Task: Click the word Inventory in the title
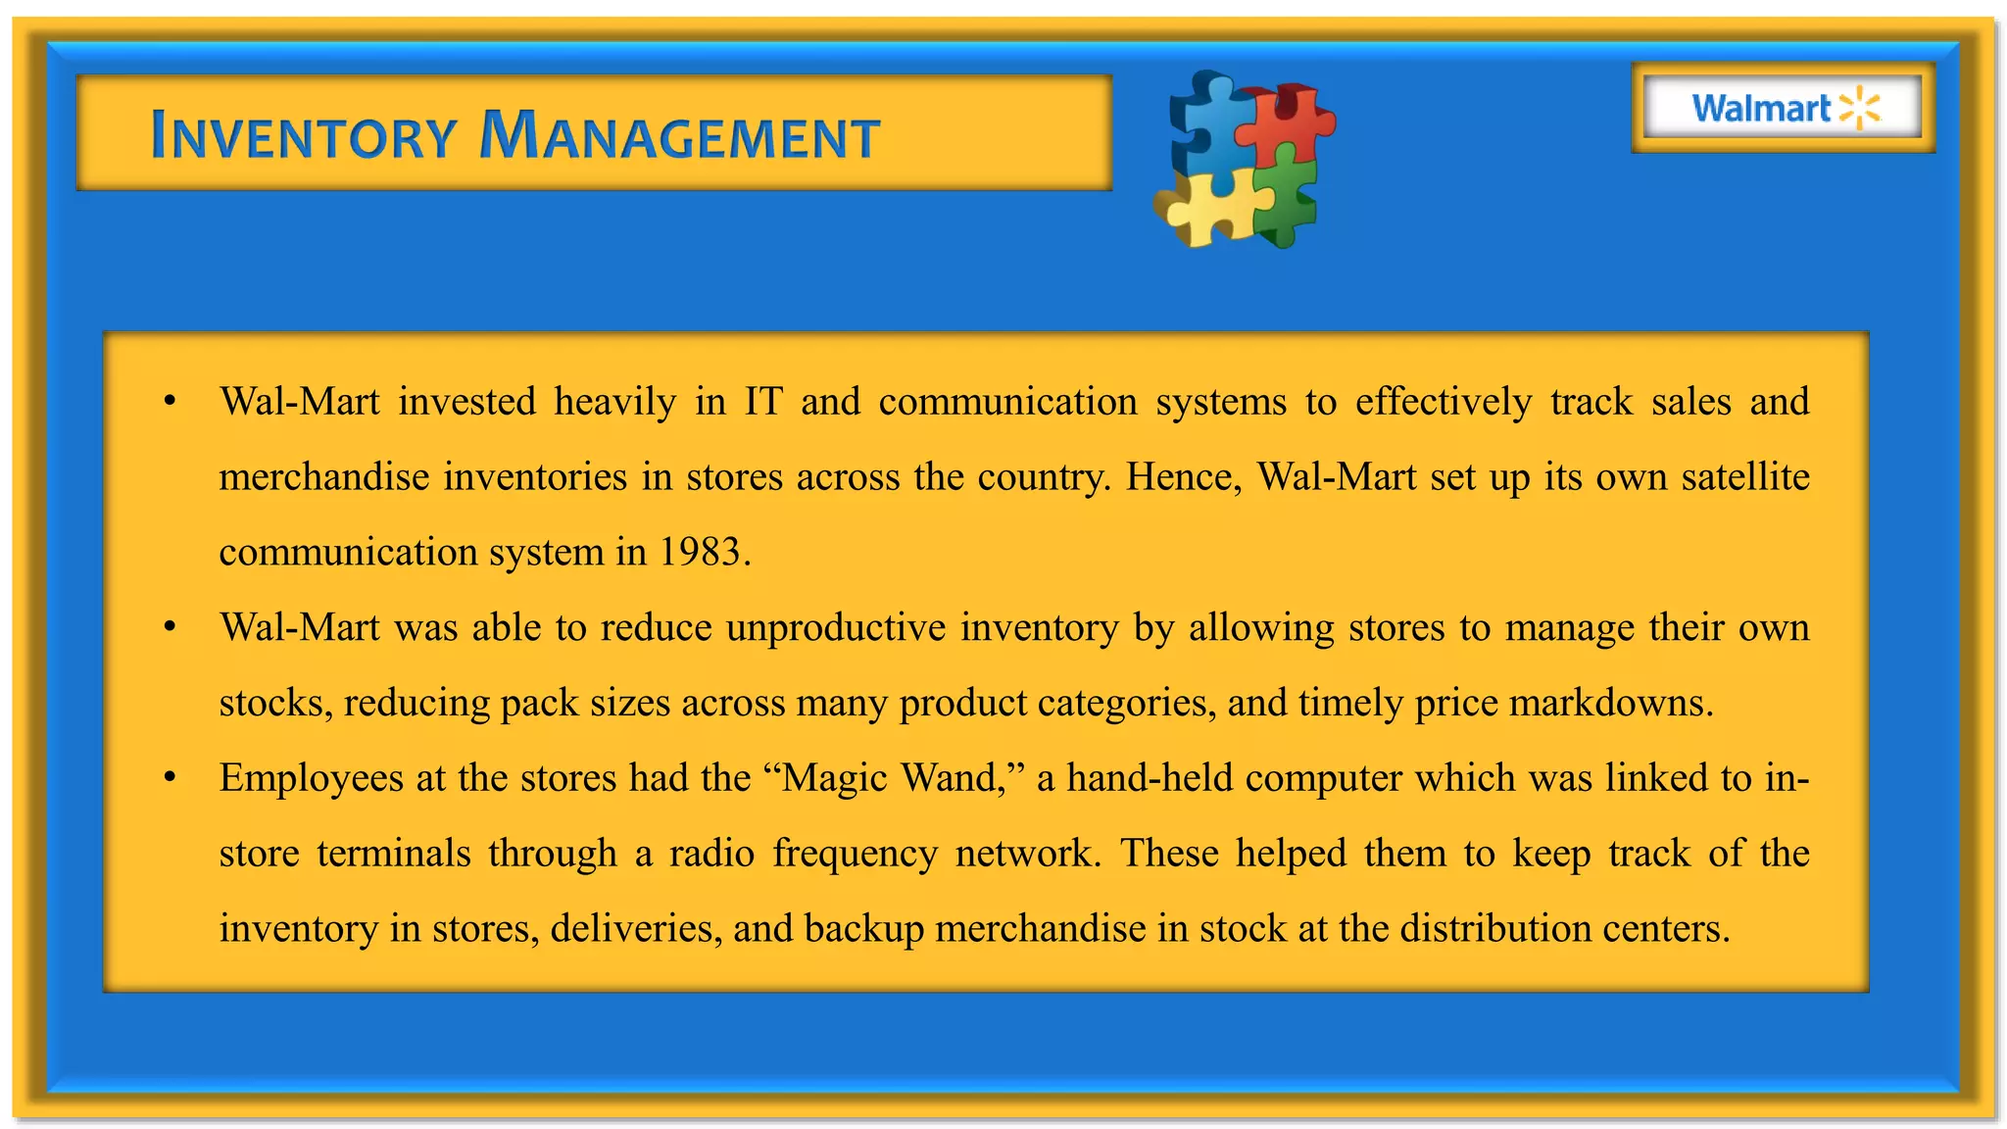[304, 136]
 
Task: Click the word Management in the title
[680, 136]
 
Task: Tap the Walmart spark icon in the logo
[1859, 108]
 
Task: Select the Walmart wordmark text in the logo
[1761, 108]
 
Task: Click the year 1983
[699, 552]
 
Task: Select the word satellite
[1744, 477]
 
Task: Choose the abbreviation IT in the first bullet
[763, 402]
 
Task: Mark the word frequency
[855, 854]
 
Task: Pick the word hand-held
[1150, 778]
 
